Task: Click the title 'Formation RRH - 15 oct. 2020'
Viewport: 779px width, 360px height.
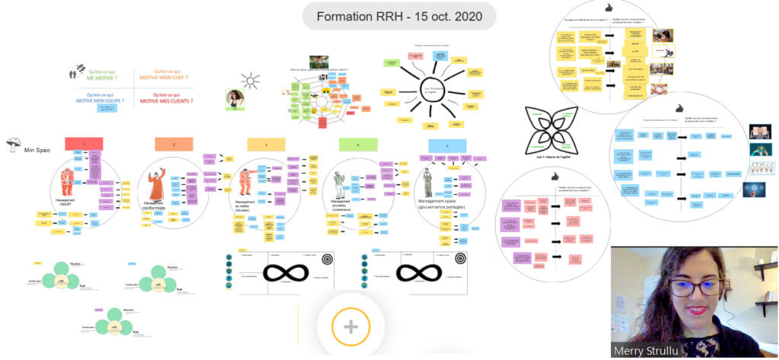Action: coord(399,16)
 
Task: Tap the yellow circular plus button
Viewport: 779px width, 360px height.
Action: coord(350,327)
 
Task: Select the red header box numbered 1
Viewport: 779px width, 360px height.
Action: coord(84,144)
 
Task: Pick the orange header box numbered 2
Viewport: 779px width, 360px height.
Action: coord(174,144)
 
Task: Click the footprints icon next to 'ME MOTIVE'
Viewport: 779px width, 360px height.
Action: coord(74,73)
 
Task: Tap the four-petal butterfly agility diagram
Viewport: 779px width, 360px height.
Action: coord(553,129)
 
